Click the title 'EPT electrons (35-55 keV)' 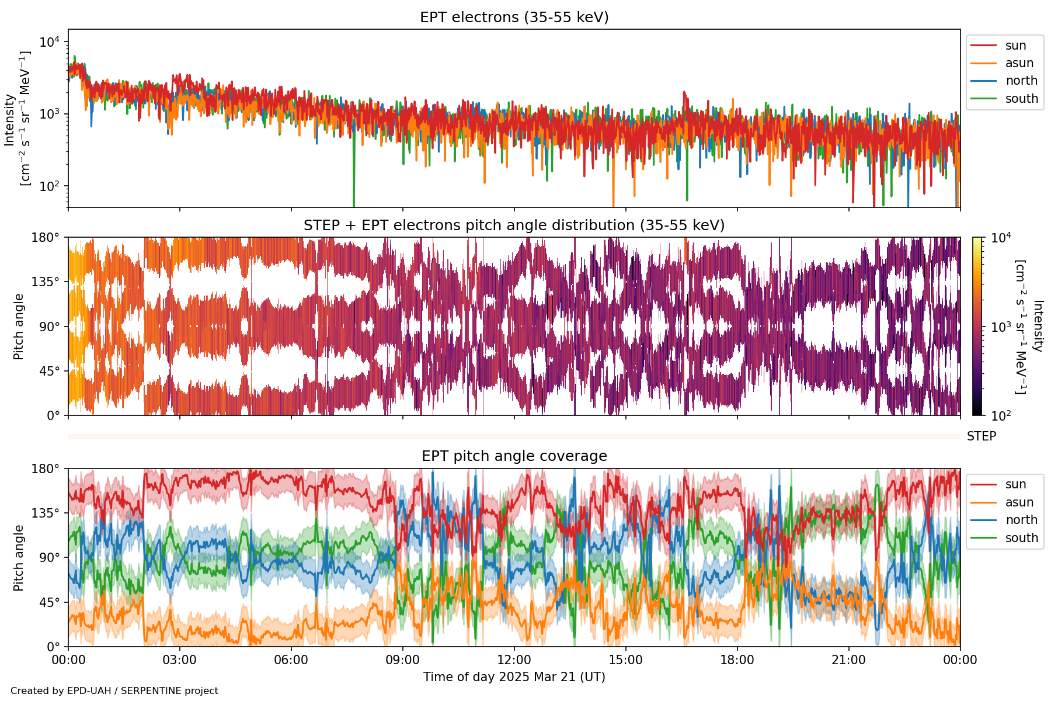pos(514,18)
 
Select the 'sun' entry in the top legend pos(1015,46)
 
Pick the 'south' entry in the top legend pos(1021,99)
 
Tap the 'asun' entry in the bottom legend pos(1019,502)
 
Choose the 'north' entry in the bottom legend pos(1021,520)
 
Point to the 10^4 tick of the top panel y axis pos(49,42)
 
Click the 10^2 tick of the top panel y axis pos(49,186)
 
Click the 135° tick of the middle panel pos(46,282)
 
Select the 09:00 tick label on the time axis pos(403,660)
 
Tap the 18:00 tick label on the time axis pos(737,660)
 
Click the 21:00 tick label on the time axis pos(849,660)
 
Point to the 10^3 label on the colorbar pos(1001,327)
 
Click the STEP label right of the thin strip pos(982,436)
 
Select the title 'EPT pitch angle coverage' pos(514,456)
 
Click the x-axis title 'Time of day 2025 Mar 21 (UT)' pos(514,677)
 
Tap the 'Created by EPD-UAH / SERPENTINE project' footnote pos(114,691)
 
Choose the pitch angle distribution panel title pos(514,225)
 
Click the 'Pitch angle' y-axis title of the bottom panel pos(19,558)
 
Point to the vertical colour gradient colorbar pos(977,326)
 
